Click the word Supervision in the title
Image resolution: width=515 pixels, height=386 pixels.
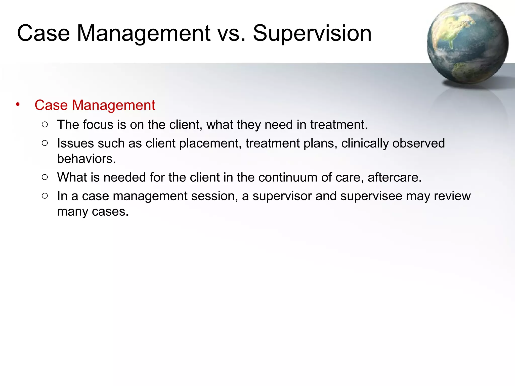(x=312, y=33)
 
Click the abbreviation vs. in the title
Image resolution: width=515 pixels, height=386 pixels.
(x=231, y=33)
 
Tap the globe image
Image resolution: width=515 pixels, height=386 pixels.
(x=467, y=43)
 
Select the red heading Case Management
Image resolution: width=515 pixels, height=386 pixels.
(x=95, y=105)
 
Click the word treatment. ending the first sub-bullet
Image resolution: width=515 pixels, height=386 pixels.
(x=339, y=125)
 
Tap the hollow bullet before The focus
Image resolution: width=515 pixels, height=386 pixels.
(x=45, y=124)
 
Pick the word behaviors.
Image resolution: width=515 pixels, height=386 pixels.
(x=86, y=159)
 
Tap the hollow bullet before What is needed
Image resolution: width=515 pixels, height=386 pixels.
(x=45, y=177)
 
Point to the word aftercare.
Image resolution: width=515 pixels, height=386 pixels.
(x=394, y=177)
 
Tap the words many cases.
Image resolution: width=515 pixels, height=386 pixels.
(x=93, y=212)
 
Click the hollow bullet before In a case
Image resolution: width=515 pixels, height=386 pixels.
(x=45, y=196)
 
